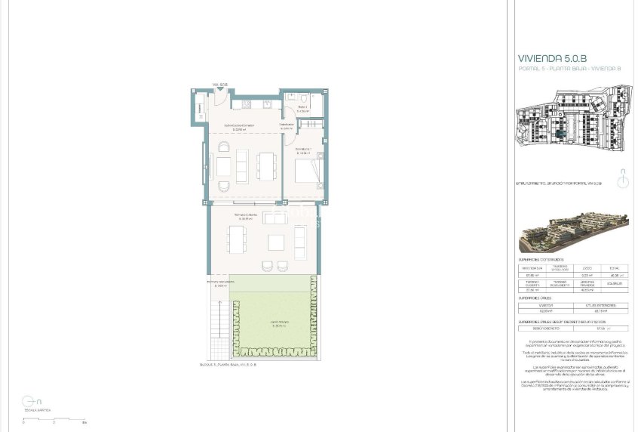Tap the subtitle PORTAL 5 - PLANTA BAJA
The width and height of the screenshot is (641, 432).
click(569, 69)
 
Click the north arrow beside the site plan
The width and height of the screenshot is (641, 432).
click(622, 181)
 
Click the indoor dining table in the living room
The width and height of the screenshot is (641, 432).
click(267, 164)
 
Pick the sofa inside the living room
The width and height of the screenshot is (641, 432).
click(225, 164)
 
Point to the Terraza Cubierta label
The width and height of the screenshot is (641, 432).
click(246, 216)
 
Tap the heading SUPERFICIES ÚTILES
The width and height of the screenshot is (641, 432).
click(540, 298)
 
